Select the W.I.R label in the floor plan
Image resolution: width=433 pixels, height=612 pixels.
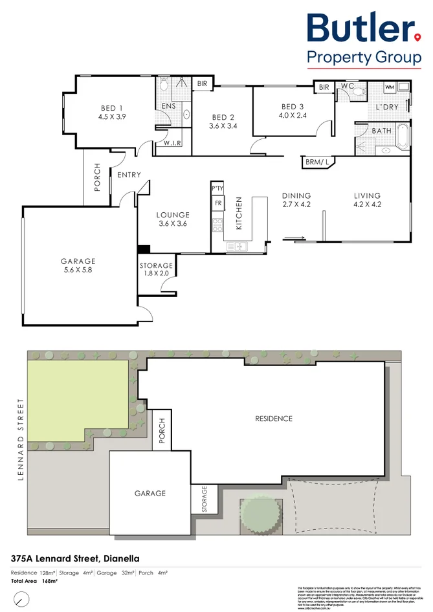point(172,143)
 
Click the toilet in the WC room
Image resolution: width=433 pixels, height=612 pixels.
point(355,93)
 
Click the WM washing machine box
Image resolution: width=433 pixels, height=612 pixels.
point(390,86)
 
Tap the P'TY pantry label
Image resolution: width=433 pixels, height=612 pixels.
point(217,188)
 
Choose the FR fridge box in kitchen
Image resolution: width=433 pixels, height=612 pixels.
point(217,204)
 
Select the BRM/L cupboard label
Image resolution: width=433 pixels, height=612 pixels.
point(316,163)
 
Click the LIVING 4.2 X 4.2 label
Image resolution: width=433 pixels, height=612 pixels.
point(367,201)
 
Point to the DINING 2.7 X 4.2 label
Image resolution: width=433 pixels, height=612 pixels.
point(296,201)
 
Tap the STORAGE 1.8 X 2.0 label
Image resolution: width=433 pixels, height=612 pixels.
point(156,270)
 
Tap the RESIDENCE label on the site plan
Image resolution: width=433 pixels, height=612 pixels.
point(273,419)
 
